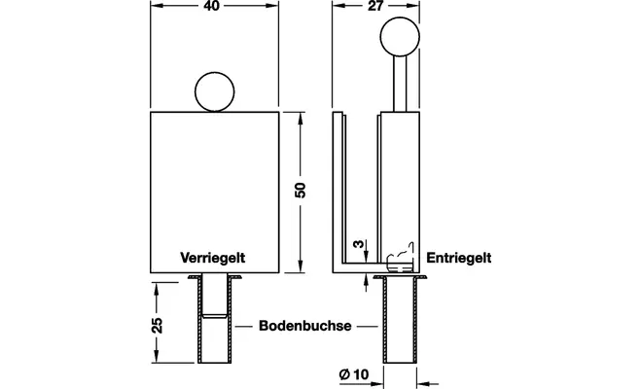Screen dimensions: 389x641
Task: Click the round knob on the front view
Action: tap(216, 92)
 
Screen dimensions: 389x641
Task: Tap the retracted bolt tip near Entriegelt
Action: tap(399, 261)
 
